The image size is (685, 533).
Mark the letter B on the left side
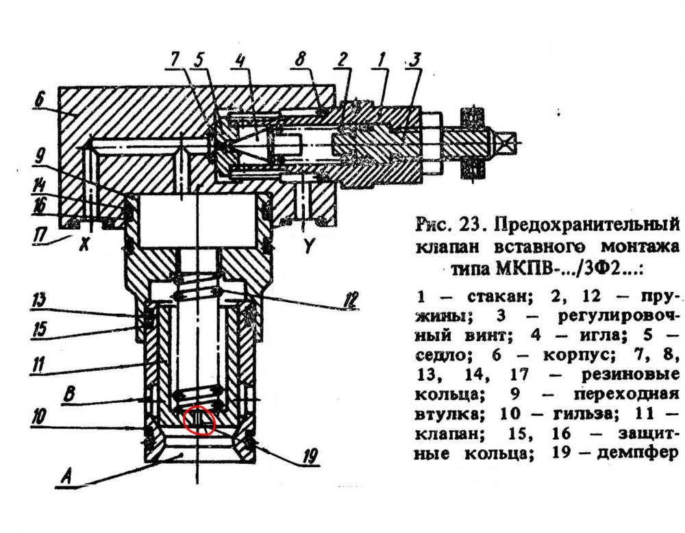click(68, 395)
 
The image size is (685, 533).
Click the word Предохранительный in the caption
click(587, 225)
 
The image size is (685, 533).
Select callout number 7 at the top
click(174, 59)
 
